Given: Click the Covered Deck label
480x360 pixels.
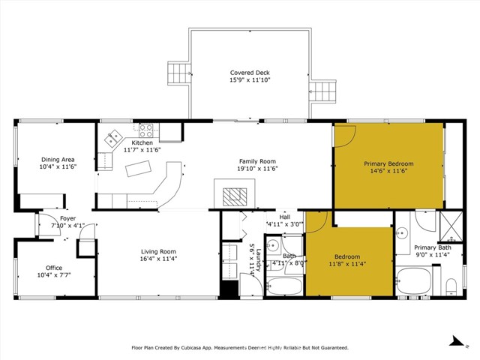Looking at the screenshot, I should [x=250, y=73].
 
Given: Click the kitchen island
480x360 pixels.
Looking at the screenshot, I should [x=138, y=170].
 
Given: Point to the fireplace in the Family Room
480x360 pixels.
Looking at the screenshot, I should [x=234, y=194].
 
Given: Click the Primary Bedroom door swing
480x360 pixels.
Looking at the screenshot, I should [x=344, y=135].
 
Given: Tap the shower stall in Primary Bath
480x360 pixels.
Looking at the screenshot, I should [x=451, y=225].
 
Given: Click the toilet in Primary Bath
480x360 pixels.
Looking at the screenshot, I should [x=451, y=285].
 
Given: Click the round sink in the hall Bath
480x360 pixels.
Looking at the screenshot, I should [x=274, y=245].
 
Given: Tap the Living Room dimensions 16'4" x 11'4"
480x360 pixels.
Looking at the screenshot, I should [x=158, y=259].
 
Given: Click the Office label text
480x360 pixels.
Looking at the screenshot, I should [x=54, y=268].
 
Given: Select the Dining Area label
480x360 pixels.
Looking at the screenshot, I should [x=58, y=159].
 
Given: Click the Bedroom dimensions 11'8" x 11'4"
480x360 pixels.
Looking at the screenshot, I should [x=347, y=264].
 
